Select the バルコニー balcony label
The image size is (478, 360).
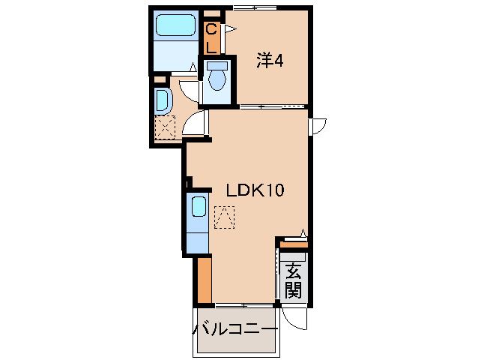point(236,329)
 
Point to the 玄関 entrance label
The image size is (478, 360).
point(293,280)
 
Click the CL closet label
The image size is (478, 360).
point(211,37)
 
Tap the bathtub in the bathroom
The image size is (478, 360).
point(176,28)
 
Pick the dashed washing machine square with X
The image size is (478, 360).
point(164,127)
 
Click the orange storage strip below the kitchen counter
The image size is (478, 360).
point(203,280)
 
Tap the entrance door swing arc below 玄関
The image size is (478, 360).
point(297,319)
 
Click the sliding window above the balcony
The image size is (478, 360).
point(243,304)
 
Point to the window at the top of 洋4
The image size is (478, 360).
point(255,8)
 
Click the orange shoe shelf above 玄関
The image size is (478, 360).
point(294,244)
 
